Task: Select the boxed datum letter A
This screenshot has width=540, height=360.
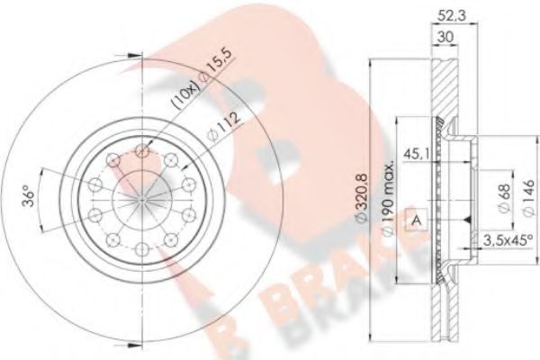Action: coord(417,219)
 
